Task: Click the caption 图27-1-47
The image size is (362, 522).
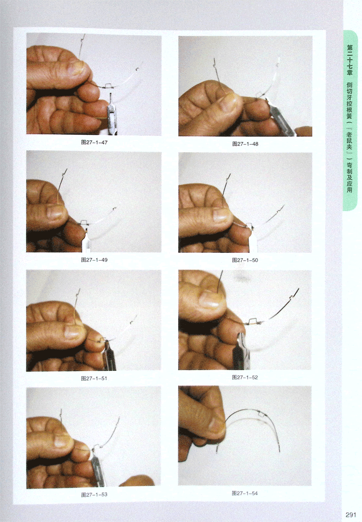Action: pyautogui.click(x=94, y=142)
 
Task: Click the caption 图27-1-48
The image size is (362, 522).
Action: pyautogui.click(x=245, y=144)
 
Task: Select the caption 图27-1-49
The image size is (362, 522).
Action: pyautogui.click(x=94, y=260)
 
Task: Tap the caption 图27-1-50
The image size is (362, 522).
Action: pyautogui.click(x=245, y=260)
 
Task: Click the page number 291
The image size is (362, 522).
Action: pyautogui.click(x=350, y=515)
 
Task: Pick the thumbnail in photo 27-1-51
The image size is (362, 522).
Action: pyautogui.click(x=73, y=331)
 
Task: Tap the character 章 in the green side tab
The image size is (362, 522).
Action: pyautogui.click(x=350, y=72)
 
